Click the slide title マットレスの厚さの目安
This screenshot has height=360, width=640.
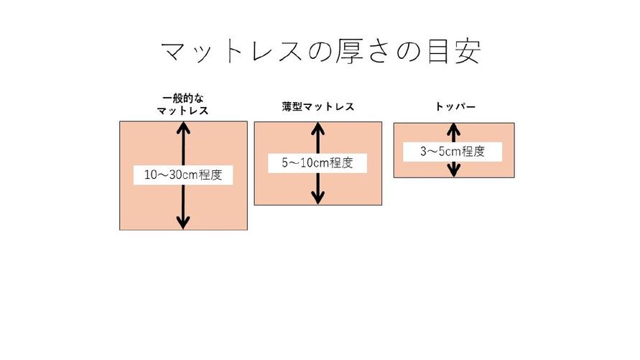[320, 52]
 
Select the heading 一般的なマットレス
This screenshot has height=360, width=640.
[183, 105]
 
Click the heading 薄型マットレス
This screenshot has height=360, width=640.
[317, 106]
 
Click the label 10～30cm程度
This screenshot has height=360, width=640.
[183, 175]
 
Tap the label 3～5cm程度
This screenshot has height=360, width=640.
[453, 152]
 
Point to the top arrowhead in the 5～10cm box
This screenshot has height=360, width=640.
[317, 129]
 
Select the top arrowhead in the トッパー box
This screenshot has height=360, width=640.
[453, 129]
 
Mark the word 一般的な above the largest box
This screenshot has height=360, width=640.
[183, 98]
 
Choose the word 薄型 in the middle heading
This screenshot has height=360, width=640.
[292, 106]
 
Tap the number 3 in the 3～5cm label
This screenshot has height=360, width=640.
[424, 152]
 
